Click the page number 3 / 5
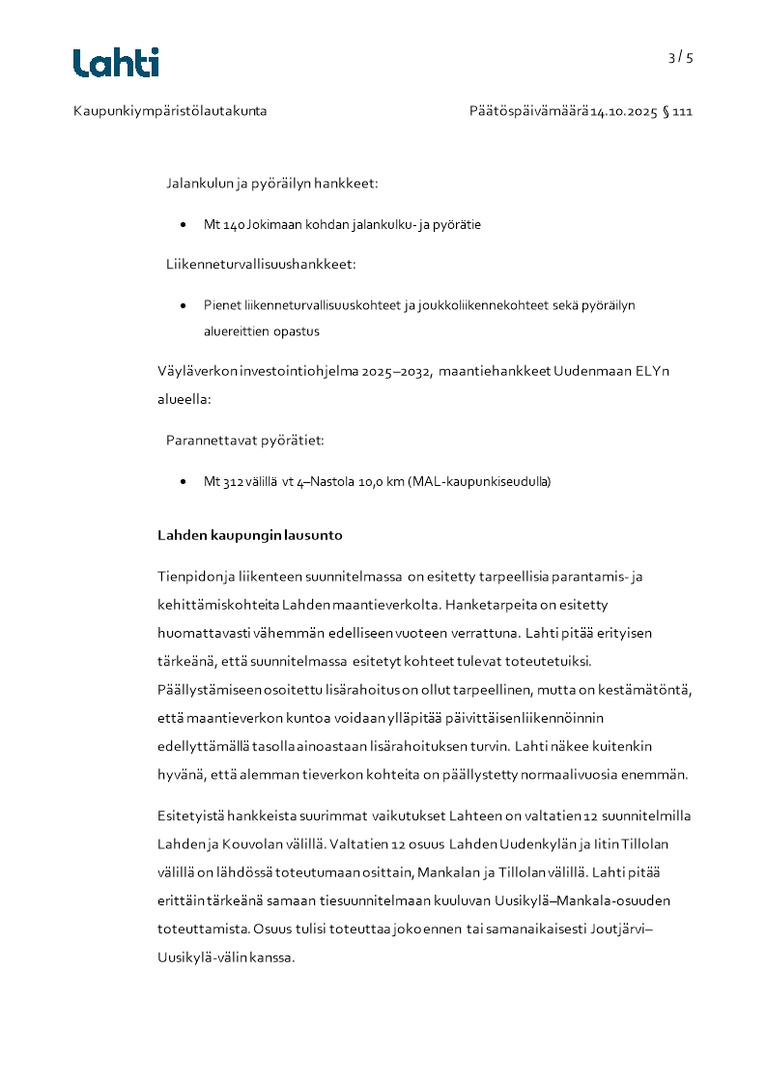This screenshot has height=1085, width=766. coord(680,57)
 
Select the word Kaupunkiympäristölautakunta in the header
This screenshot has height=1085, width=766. coord(170,111)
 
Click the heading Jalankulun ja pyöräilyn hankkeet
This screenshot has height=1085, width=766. coord(271,183)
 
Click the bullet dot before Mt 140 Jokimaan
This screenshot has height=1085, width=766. coord(184,224)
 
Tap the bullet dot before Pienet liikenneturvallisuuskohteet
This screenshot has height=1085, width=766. coord(184,305)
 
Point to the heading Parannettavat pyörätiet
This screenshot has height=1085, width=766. coord(245,440)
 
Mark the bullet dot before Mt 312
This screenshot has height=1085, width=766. coord(184,481)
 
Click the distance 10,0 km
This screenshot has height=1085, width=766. coord(383,481)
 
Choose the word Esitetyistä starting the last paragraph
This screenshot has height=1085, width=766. coord(191,816)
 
